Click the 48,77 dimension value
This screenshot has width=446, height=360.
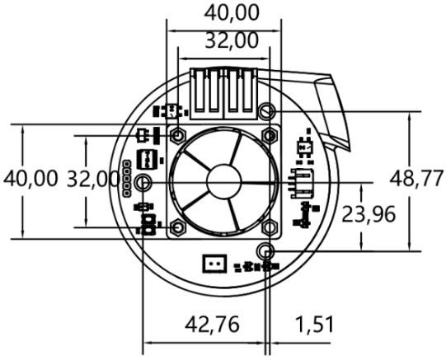pos(416,179)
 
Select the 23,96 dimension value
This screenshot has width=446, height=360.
pos(369,214)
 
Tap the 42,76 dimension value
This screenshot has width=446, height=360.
pos(212,325)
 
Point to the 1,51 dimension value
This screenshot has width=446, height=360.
pos(315,325)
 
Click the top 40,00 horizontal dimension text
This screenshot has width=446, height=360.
pos(232,13)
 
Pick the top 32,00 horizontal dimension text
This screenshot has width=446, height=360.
pos(232,40)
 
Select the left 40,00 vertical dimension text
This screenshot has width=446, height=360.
pos(31,179)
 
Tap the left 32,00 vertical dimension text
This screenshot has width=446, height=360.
pos(92,179)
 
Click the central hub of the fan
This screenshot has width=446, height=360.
pos(224,181)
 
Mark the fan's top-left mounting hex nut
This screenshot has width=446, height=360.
pos(178,136)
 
